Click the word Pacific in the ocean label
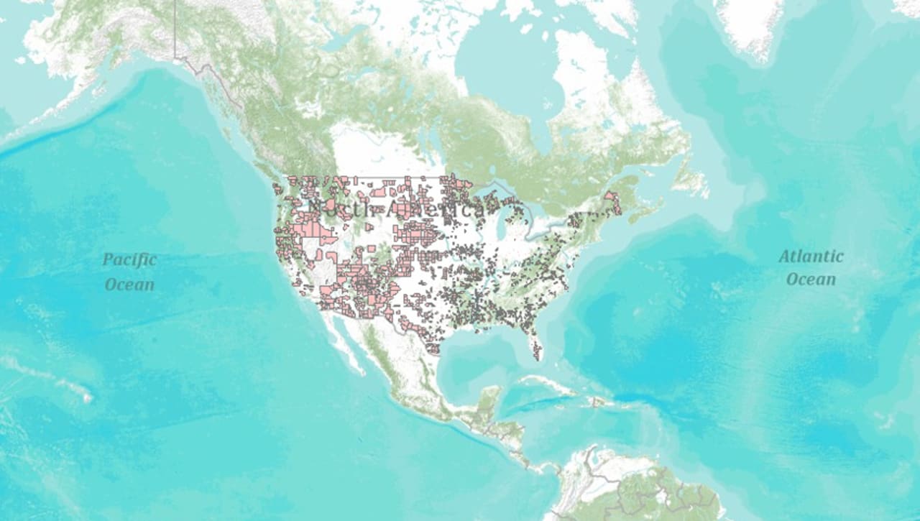[129, 259]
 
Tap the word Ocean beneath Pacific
[129, 285]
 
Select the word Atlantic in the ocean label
[811, 257]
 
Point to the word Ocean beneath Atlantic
[811, 279]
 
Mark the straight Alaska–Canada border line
[175, 29]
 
